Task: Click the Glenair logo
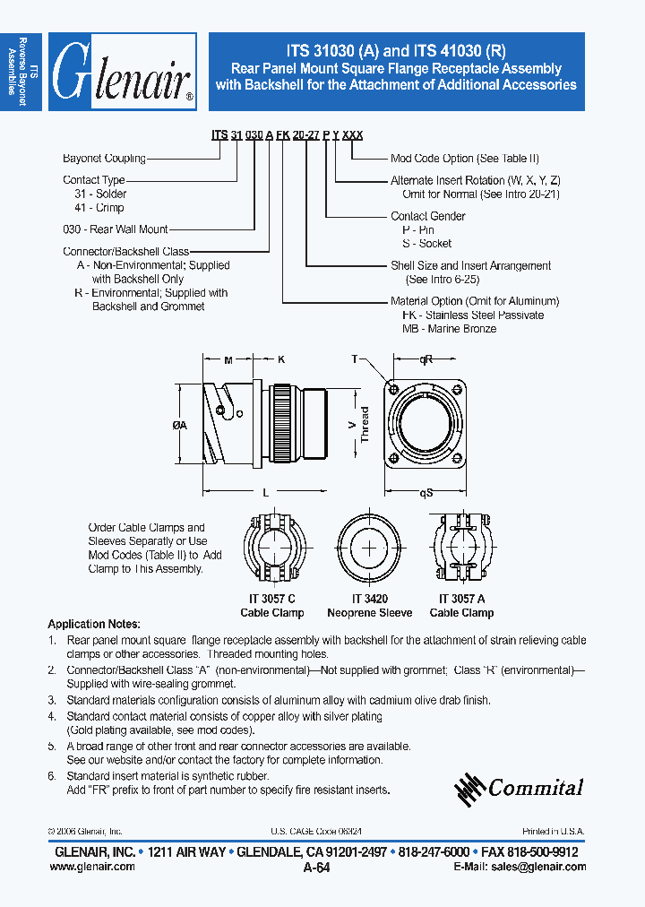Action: tap(122, 73)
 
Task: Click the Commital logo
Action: tap(519, 788)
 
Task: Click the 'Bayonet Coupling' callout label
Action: tap(104, 159)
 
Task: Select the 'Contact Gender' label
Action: tap(427, 216)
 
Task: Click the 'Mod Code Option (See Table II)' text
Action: tap(464, 159)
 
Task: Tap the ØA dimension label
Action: tap(179, 426)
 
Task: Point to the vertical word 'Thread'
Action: tap(365, 426)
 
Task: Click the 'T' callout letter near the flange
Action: tap(356, 358)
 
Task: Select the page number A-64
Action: tap(317, 868)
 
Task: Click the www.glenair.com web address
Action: tap(90, 867)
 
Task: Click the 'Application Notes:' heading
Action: tap(94, 624)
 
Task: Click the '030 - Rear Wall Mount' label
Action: tap(116, 229)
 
